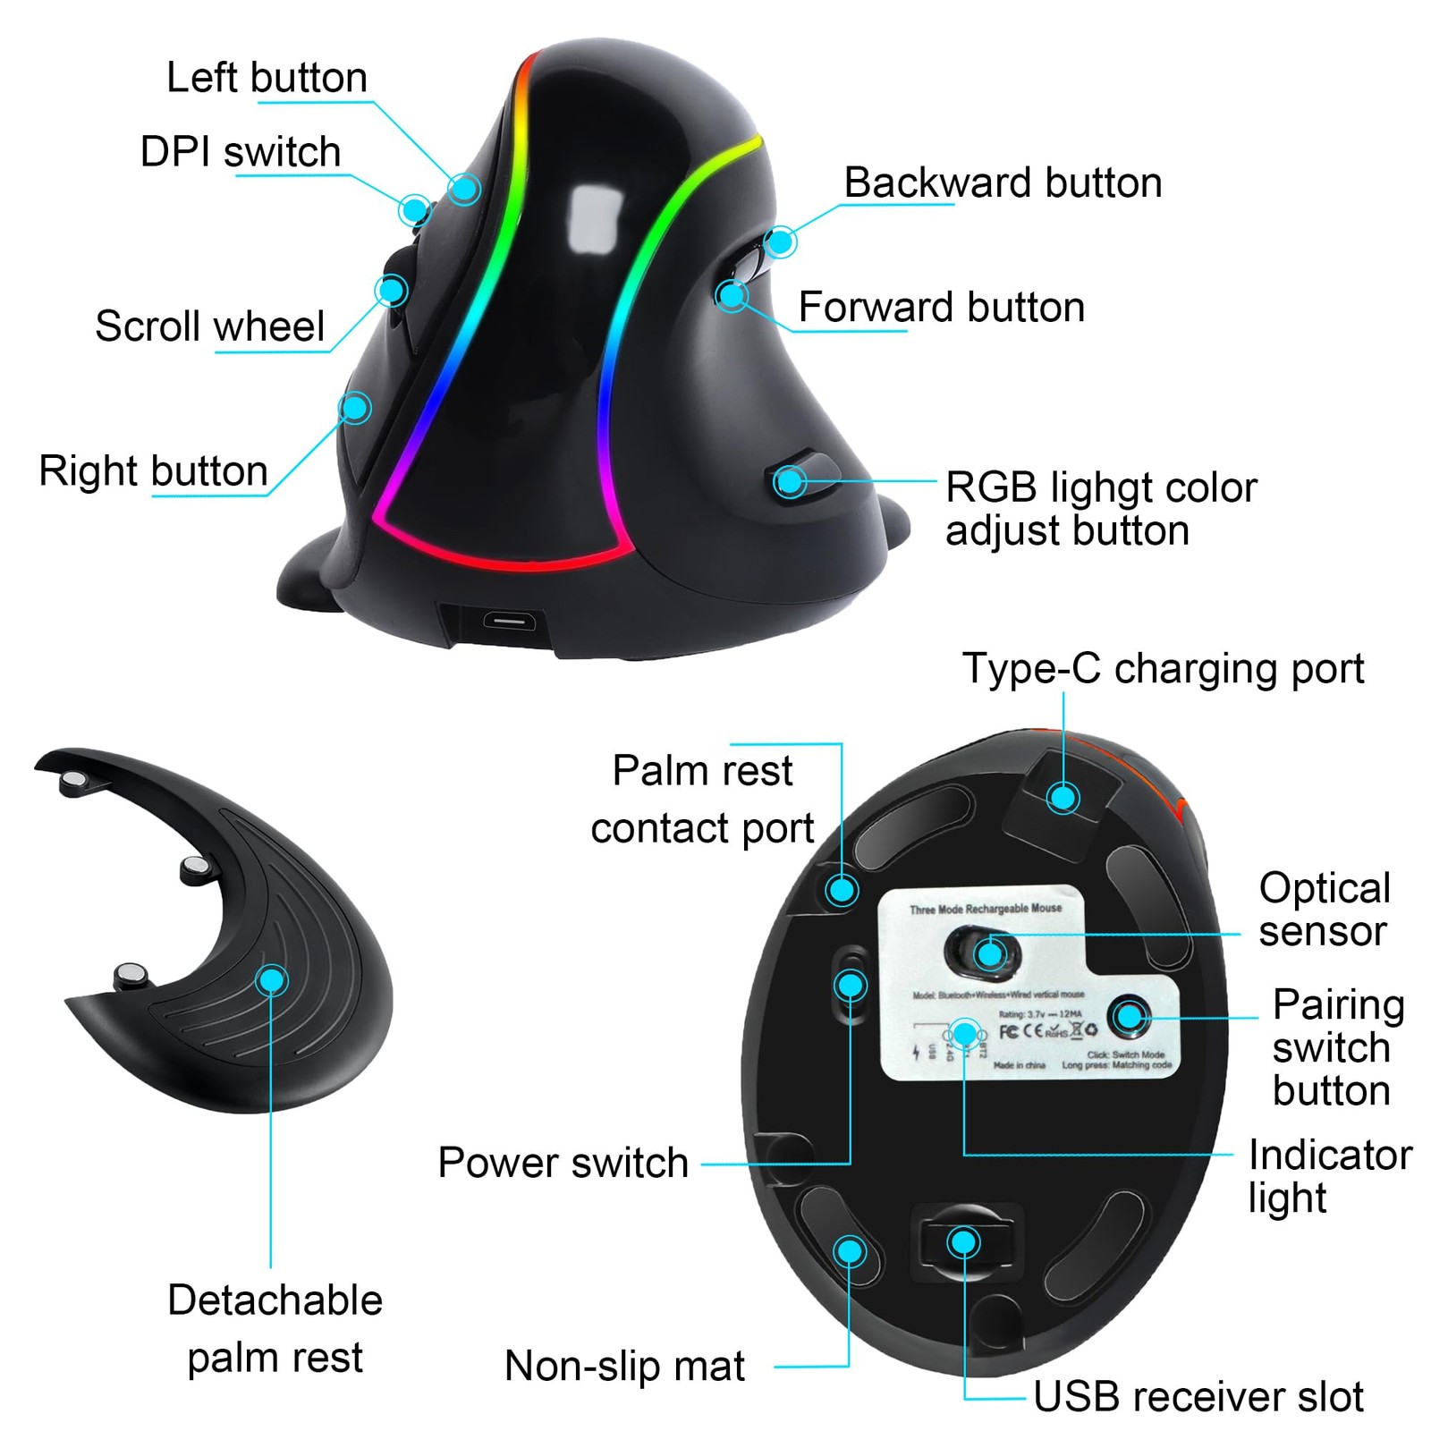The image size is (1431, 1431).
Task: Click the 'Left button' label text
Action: (267, 78)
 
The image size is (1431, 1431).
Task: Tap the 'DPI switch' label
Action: (241, 152)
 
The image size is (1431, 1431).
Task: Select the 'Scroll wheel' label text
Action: (209, 326)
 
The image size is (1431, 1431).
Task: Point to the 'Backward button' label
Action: (1003, 182)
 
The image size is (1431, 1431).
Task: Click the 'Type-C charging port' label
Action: (1163, 668)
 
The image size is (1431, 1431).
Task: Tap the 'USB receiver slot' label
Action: (1198, 1396)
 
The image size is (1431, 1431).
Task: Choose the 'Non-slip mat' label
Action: (624, 1366)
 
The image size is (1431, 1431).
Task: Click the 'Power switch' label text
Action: (563, 1163)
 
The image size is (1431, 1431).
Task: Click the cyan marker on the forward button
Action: (732, 294)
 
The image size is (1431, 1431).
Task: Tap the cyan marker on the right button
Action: (356, 408)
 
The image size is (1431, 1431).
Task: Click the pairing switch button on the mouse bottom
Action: (1130, 1016)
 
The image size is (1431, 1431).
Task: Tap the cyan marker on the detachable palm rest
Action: (271, 979)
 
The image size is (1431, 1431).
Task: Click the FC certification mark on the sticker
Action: (1008, 1031)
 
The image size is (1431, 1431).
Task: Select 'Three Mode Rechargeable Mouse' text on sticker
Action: (985, 909)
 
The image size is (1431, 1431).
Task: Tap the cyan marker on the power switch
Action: (851, 986)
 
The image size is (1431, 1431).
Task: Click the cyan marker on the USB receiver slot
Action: (963, 1241)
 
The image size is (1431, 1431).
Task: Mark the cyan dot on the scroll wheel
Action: (391, 290)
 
